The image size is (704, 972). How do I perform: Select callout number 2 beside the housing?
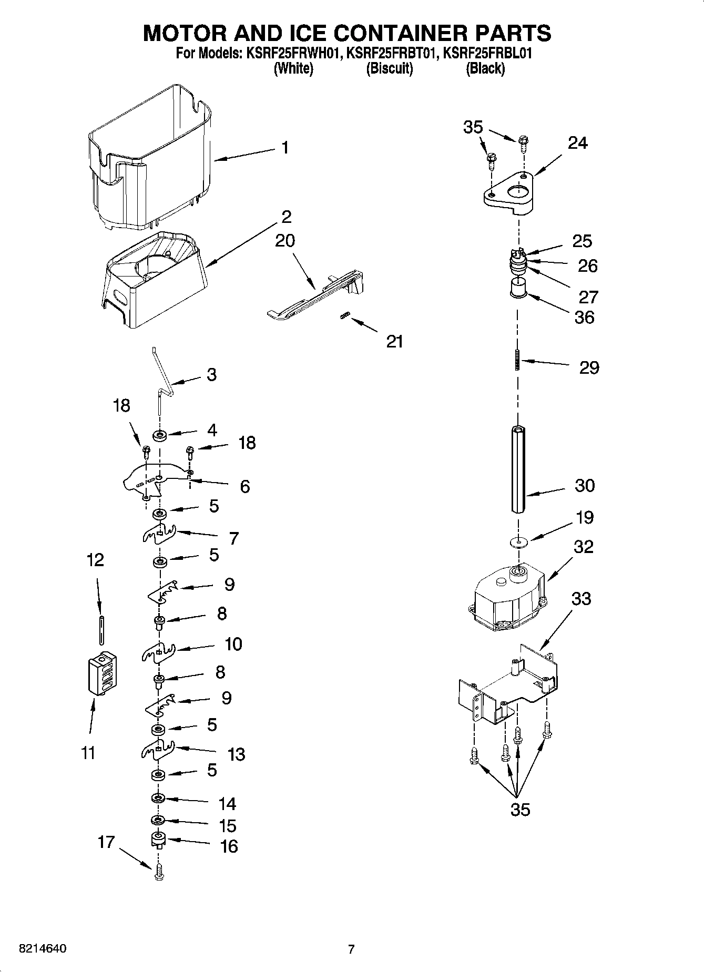click(x=287, y=217)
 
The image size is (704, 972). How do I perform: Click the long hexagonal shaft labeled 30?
click(x=518, y=469)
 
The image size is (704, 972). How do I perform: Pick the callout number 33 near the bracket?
click(x=581, y=598)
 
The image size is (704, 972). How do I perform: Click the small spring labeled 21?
click(x=345, y=315)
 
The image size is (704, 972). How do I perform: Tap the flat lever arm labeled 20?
click(x=315, y=297)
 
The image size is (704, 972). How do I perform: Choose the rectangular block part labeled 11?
click(x=101, y=674)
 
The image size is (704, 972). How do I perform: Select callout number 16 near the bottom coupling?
click(x=229, y=846)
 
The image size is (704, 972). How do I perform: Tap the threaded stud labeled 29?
click(x=518, y=361)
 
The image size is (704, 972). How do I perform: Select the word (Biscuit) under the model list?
click(x=389, y=68)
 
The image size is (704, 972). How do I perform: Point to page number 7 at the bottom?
click(x=351, y=949)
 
